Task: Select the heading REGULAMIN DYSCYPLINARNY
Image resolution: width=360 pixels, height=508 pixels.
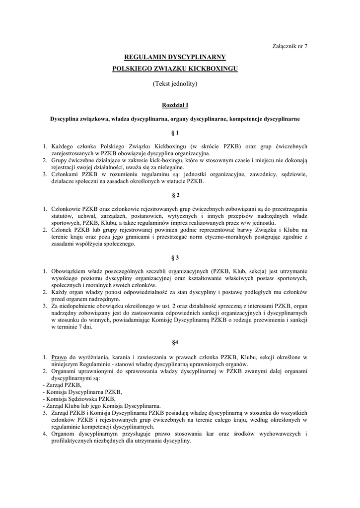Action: point(175,58)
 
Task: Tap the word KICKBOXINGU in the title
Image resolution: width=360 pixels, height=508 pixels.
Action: point(210,68)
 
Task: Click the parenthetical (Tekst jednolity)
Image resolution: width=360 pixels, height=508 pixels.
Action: point(175,84)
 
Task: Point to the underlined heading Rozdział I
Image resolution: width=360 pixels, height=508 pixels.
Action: point(175,105)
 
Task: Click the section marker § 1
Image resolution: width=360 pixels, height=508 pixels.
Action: point(175,133)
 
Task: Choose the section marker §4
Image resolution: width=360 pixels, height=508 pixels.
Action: point(175,342)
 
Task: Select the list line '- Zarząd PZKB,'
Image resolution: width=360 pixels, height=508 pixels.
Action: point(62,384)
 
